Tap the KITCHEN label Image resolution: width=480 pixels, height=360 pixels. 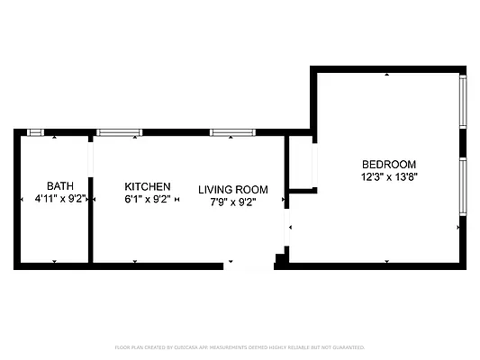coord(148,186)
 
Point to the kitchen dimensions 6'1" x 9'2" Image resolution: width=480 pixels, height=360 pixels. coord(148,199)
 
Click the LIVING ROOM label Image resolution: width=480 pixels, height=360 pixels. coord(233,190)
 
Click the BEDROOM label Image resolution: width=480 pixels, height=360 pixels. coord(389,164)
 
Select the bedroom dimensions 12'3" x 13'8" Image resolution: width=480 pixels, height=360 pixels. coord(389,177)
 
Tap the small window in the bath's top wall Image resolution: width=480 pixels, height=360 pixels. coord(36,132)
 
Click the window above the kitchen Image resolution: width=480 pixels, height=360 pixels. coord(120,132)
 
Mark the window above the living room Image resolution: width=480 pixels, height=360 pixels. coord(233,132)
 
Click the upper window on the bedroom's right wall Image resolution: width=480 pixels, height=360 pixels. coord(463,102)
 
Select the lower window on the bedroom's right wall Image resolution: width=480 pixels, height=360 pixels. coord(463,187)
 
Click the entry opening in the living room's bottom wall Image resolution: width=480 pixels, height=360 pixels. coord(248,265)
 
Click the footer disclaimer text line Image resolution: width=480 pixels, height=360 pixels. coord(240,346)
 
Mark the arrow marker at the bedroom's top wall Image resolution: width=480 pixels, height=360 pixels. coord(386,74)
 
